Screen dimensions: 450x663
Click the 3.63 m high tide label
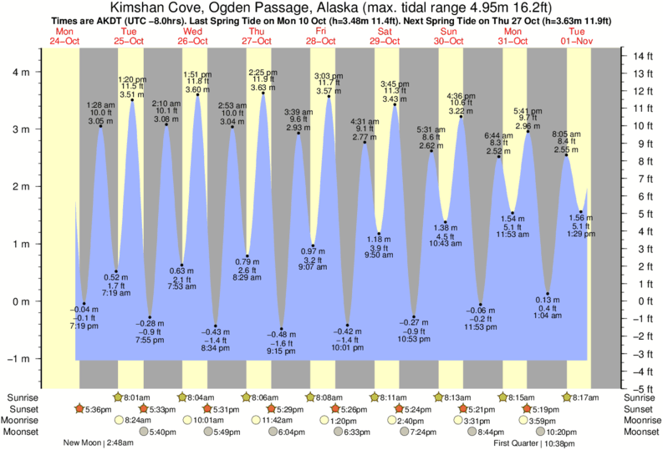(263, 87)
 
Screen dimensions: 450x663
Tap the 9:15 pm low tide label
(281, 351)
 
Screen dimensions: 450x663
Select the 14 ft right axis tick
(640, 56)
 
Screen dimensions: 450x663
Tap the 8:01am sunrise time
(138, 397)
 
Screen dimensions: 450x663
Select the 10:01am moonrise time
(211, 421)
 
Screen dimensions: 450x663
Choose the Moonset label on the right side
(640, 432)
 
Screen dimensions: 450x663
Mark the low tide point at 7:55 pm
(150, 317)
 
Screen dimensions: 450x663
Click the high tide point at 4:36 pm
(461, 117)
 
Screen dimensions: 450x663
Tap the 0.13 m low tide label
(548, 300)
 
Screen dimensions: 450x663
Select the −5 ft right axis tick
(640, 389)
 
